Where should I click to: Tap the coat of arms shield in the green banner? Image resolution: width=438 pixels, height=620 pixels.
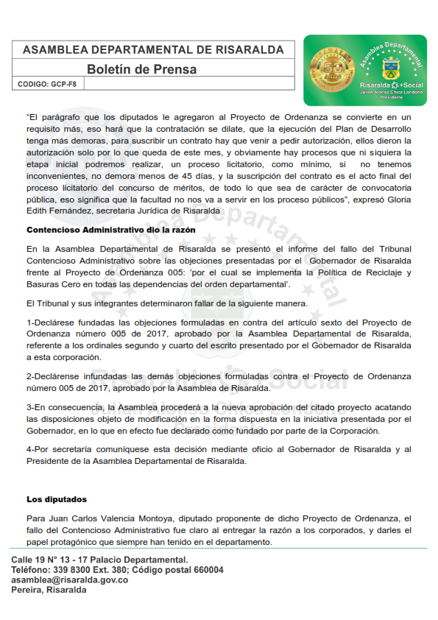tap(390, 71)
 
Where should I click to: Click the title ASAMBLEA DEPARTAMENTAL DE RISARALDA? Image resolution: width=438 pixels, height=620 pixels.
tap(153, 50)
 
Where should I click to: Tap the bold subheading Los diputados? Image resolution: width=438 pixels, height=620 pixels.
tap(57, 499)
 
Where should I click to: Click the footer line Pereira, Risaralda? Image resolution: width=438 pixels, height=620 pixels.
tap(49, 590)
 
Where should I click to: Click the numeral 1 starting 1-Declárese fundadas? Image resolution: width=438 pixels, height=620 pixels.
tap(29, 323)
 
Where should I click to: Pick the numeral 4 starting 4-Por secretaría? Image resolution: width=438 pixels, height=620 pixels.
tap(29, 449)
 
